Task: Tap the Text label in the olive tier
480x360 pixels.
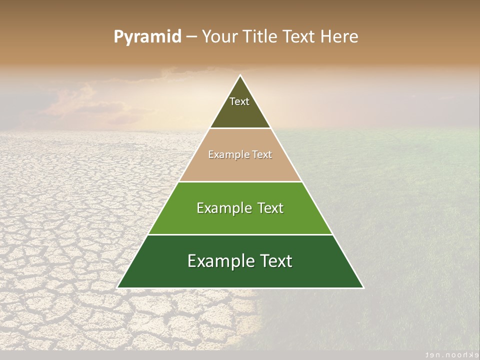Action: [239, 101]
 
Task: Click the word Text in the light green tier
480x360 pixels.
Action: [270, 208]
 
